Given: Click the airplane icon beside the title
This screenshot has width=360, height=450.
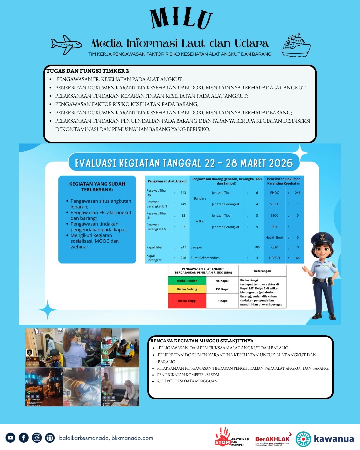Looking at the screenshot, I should coord(66,44).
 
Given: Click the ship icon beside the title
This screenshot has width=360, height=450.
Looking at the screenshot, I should coord(296,45).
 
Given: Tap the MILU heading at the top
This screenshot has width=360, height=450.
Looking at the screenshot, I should coord(181,18).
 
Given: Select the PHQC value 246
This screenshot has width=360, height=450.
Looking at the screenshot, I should coord(298,193).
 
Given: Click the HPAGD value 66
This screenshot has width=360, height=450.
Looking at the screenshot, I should coord(298,258).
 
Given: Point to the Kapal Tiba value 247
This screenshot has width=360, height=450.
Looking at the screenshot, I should coord(183,247).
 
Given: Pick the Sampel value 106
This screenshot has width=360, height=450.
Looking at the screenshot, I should coord(257,247).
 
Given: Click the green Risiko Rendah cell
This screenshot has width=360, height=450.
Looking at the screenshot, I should coord(187,281).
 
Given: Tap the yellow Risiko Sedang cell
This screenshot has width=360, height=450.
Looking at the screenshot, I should coord(187,289).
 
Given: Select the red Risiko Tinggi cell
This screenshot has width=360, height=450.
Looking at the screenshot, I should coord(187,301).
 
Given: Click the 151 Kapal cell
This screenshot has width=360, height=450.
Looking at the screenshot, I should coord(222,289).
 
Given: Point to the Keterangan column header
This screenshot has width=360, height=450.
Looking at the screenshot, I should coord(262,271).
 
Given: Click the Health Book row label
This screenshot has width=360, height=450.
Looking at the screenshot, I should coord(274,238).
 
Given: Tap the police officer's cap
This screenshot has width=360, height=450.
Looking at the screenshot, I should coord(322,238).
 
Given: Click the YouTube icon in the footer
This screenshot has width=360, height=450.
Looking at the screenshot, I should coord(10,438).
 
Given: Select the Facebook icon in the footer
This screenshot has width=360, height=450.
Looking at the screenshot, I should coord(24,438).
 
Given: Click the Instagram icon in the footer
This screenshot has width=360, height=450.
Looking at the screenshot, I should coord(37,438).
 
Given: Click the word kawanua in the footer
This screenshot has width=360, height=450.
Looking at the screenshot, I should coord(334,439).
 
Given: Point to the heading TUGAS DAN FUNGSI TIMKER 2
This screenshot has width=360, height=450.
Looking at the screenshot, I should coord(88,71).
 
